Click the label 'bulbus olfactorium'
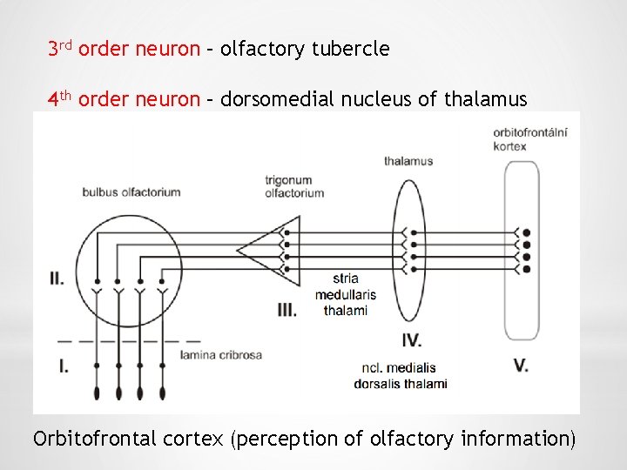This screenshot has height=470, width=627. point(131,191)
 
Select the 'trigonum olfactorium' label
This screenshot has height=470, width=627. point(294,186)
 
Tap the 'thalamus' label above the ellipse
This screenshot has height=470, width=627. point(408,161)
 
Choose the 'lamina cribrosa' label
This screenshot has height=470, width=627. point(221,355)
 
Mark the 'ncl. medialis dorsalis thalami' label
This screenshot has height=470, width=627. point(401,375)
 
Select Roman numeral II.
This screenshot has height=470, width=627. point(57,279)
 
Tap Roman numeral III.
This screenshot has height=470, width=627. point(287,309)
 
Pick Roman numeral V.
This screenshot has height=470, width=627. point(521,366)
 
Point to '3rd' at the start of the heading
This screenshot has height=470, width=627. point(60,49)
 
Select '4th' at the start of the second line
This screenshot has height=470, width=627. point(60,98)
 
